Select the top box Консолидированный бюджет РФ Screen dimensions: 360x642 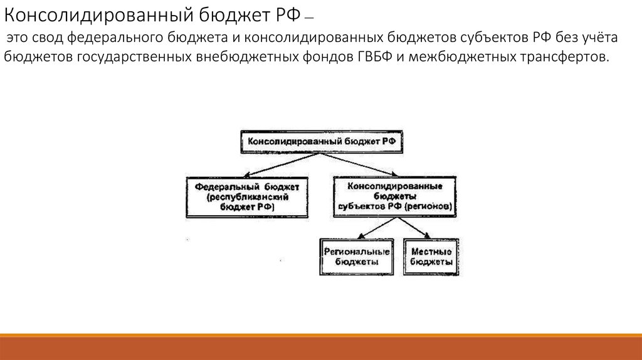(x=322, y=142)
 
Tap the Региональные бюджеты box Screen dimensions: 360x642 (x=356, y=257)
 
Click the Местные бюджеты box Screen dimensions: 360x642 (x=431, y=257)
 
